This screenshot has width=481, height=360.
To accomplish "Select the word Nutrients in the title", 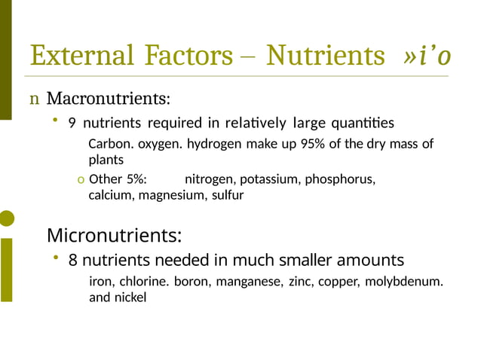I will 326,56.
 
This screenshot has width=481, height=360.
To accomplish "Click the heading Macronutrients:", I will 108,99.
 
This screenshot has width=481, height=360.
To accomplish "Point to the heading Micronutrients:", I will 114,236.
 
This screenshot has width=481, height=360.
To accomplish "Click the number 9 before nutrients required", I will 72,124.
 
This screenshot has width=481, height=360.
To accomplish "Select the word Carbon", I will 111,144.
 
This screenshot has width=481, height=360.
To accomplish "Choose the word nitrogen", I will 209,180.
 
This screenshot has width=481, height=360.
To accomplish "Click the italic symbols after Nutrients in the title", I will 427,56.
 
